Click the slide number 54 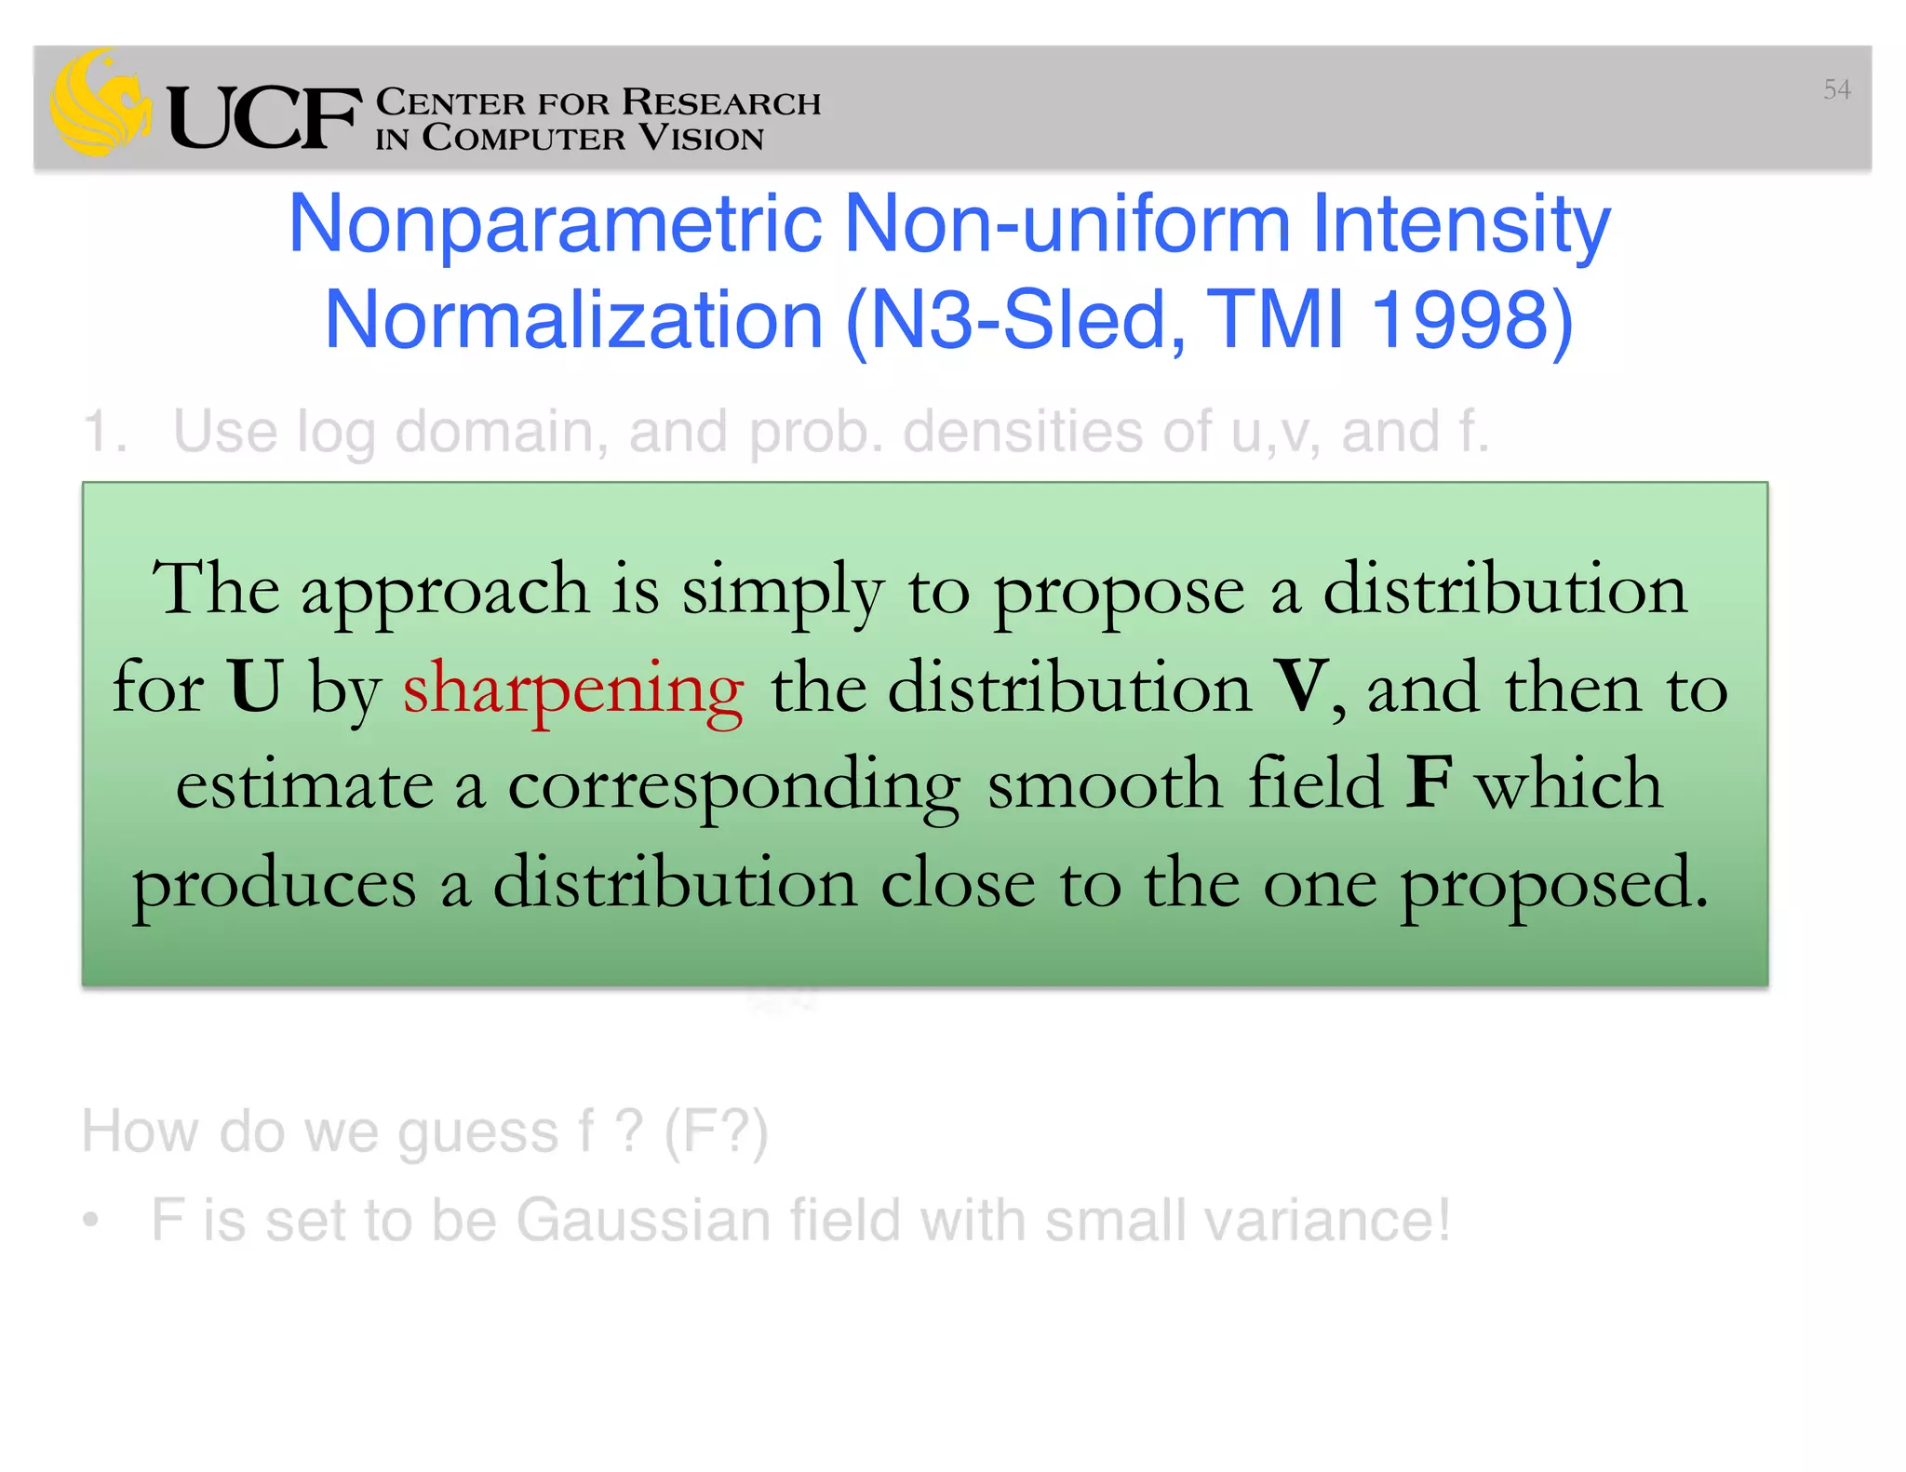pyautogui.click(x=1836, y=89)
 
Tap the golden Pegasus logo pyautogui.click(x=100, y=103)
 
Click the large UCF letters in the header pyautogui.click(x=264, y=118)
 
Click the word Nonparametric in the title pyautogui.click(x=556, y=225)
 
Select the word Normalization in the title pyautogui.click(x=573, y=320)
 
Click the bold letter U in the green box pyautogui.click(x=254, y=687)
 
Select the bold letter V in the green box pyautogui.click(x=1302, y=687)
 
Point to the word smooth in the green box pyautogui.click(x=1104, y=783)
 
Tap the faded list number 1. pyautogui.click(x=103, y=433)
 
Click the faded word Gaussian pyautogui.click(x=643, y=1220)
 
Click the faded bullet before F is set pyautogui.click(x=90, y=1220)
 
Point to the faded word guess pyautogui.click(x=477, y=1133)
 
